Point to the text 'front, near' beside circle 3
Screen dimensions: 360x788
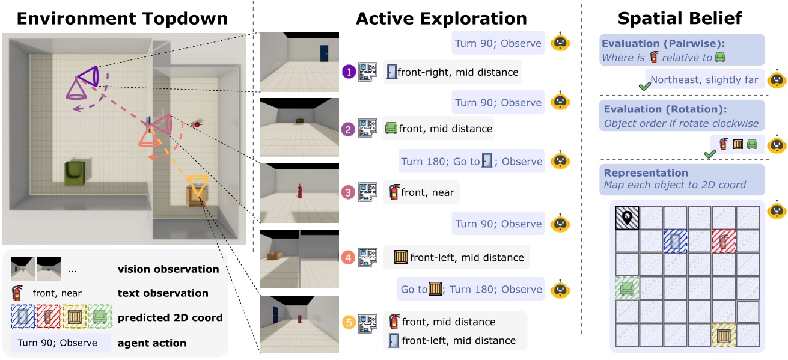tap(427, 192)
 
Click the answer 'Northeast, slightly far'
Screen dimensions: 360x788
tap(704, 79)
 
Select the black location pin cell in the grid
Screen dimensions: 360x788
tap(627, 218)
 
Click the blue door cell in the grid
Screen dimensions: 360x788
tap(675, 241)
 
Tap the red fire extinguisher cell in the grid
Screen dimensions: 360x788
tap(723, 241)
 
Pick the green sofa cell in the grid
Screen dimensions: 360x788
tap(627, 288)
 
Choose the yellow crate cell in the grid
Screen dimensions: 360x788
tap(723, 335)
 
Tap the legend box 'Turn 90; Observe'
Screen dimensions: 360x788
tap(60, 343)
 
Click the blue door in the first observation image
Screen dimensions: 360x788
tap(325, 53)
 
